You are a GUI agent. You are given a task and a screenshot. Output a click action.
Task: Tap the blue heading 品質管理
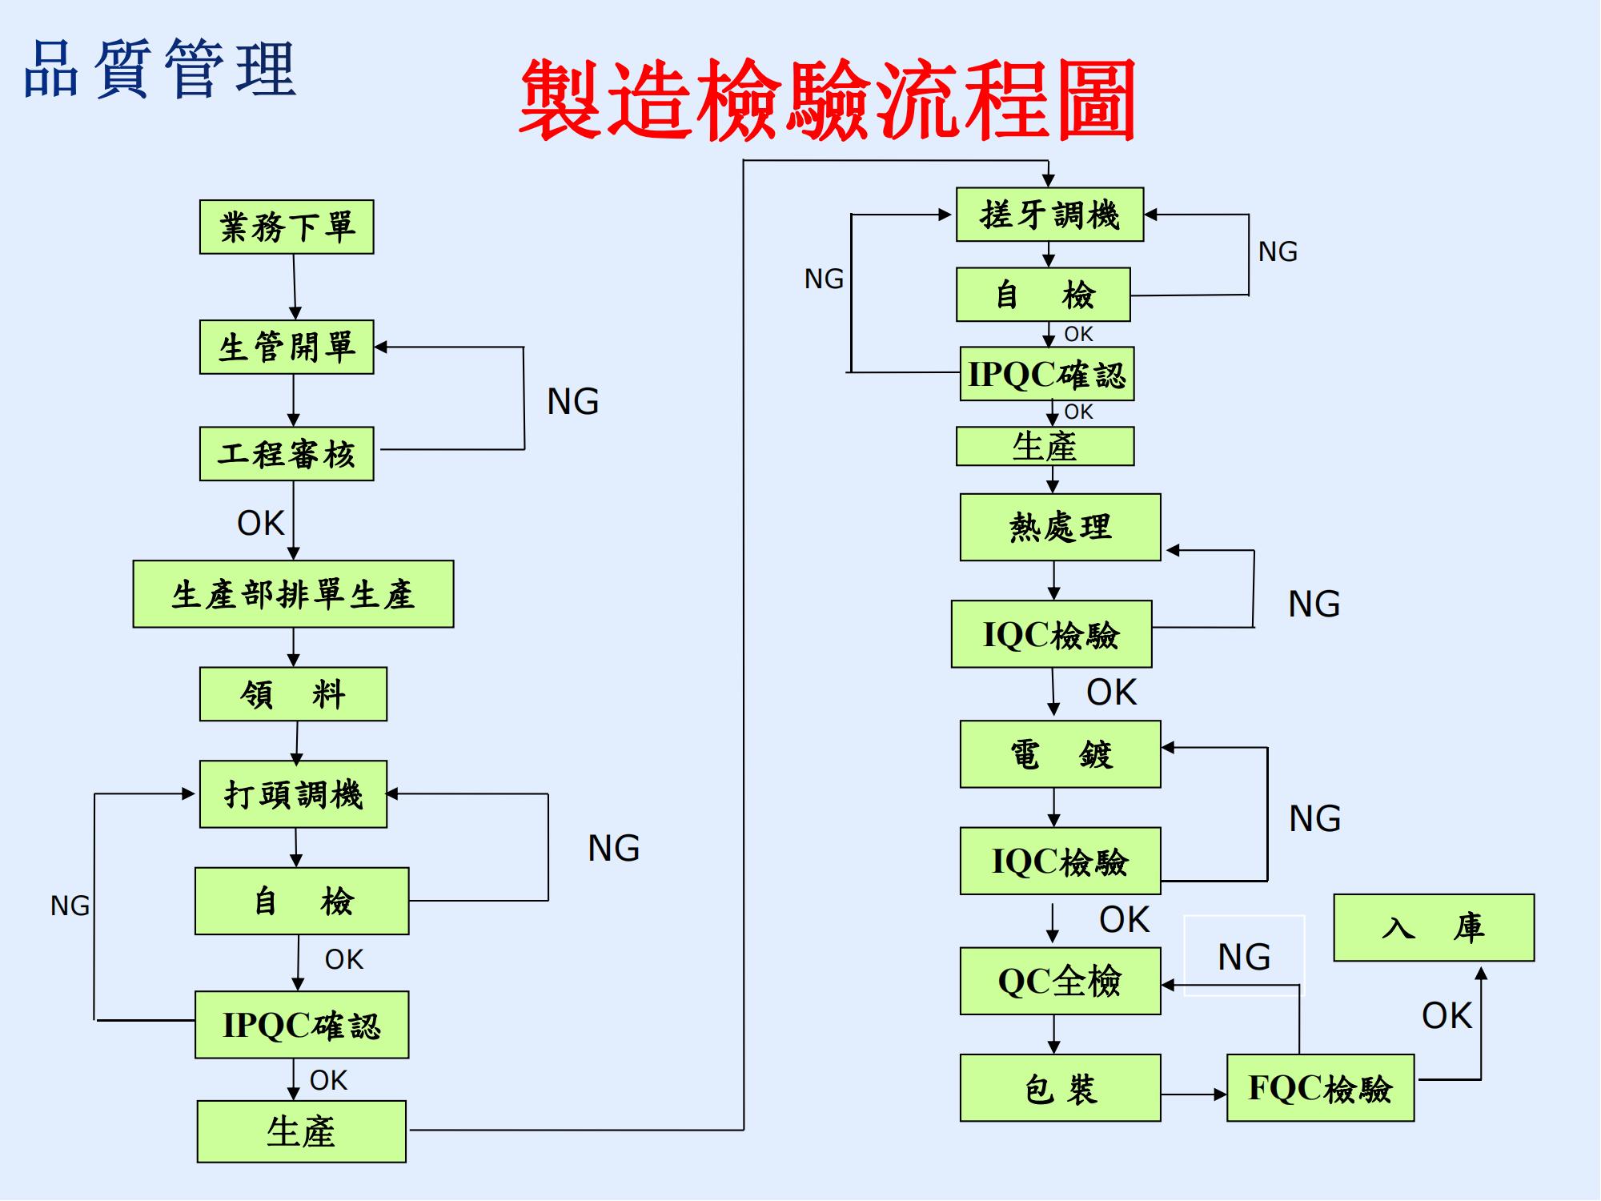click(160, 70)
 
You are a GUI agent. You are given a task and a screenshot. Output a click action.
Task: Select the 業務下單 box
click(287, 227)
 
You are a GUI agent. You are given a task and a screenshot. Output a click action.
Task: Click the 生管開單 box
click(287, 347)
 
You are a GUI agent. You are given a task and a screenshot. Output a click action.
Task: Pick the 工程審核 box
click(287, 454)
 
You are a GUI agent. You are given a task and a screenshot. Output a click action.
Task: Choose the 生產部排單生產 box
click(293, 594)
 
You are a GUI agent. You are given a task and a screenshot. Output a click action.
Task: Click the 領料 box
click(293, 694)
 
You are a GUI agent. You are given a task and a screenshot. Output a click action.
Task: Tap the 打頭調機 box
click(293, 794)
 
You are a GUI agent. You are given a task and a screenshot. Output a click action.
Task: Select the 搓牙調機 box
click(1049, 215)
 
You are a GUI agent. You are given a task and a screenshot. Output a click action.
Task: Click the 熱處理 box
click(1060, 527)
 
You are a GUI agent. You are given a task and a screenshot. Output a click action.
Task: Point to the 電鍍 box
click(1060, 754)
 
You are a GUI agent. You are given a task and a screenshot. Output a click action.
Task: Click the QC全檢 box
click(1060, 981)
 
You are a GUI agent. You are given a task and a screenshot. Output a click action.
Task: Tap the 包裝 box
click(1060, 1088)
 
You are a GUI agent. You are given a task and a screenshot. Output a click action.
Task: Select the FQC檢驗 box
click(1320, 1088)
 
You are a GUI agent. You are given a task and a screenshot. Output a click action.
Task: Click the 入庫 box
click(1434, 927)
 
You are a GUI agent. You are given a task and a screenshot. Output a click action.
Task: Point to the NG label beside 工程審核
click(573, 401)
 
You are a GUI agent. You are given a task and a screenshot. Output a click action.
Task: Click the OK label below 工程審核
click(260, 523)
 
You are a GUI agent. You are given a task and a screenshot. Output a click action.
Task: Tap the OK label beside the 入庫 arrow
click(1447, 1015)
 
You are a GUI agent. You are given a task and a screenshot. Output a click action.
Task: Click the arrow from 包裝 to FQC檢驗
click(1193, 1094)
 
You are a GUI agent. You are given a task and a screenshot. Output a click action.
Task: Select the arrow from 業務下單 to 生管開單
click(295, 287)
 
